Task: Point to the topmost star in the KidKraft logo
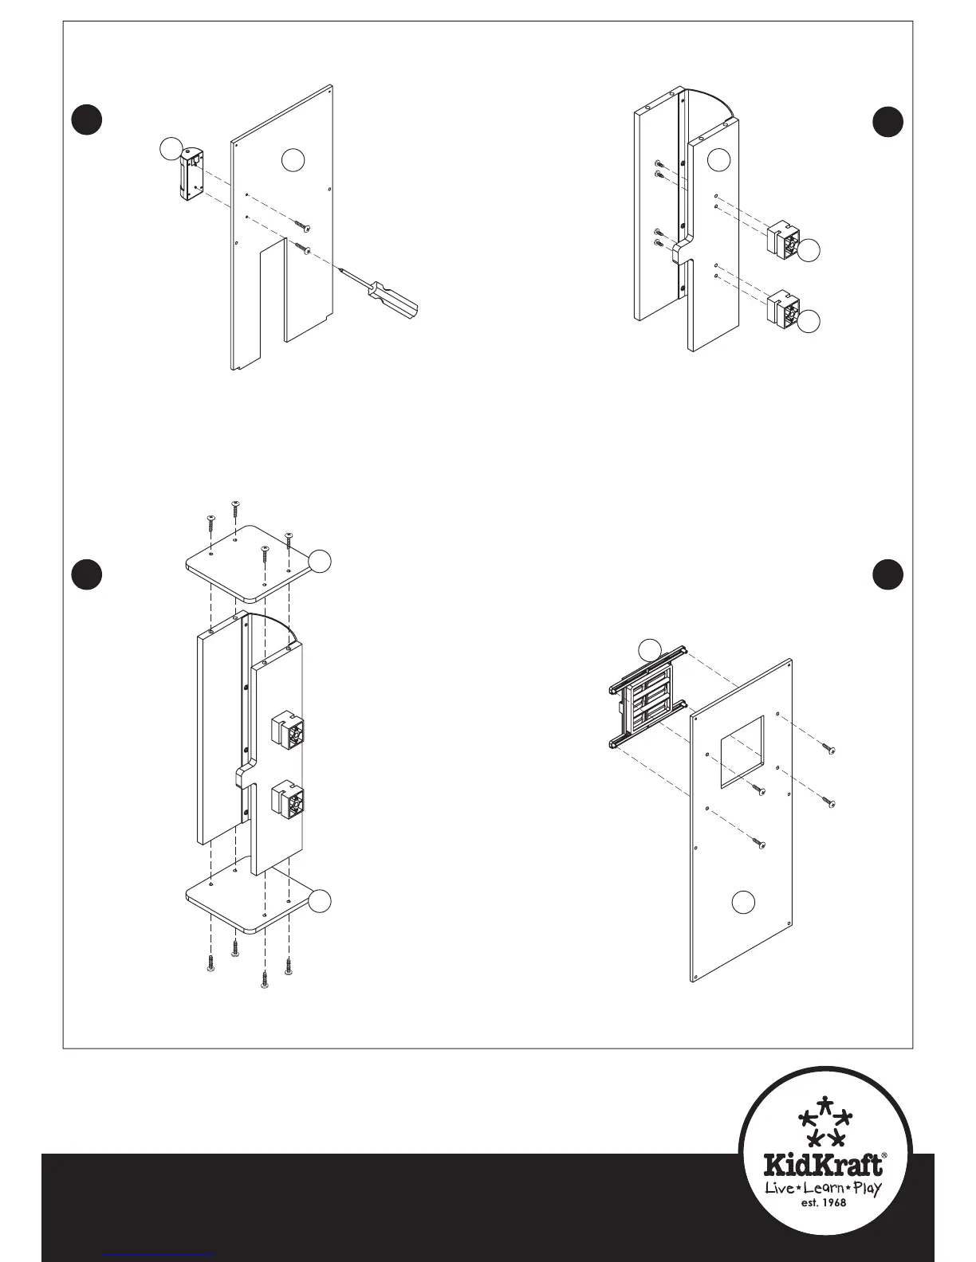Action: [x=826, y=1105]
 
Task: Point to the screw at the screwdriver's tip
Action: [x=302, y=249]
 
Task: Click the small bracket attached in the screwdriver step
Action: [x=190, y=174]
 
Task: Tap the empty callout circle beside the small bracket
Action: [x=170, y=148]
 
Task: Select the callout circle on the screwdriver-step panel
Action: [x=293, y=160]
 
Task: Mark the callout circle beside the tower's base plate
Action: [x=320, y=900]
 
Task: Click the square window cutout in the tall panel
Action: [x=742, y=751]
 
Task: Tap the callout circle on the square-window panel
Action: [x=743, y=901]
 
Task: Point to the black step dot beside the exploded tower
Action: [x=87, y=574]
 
